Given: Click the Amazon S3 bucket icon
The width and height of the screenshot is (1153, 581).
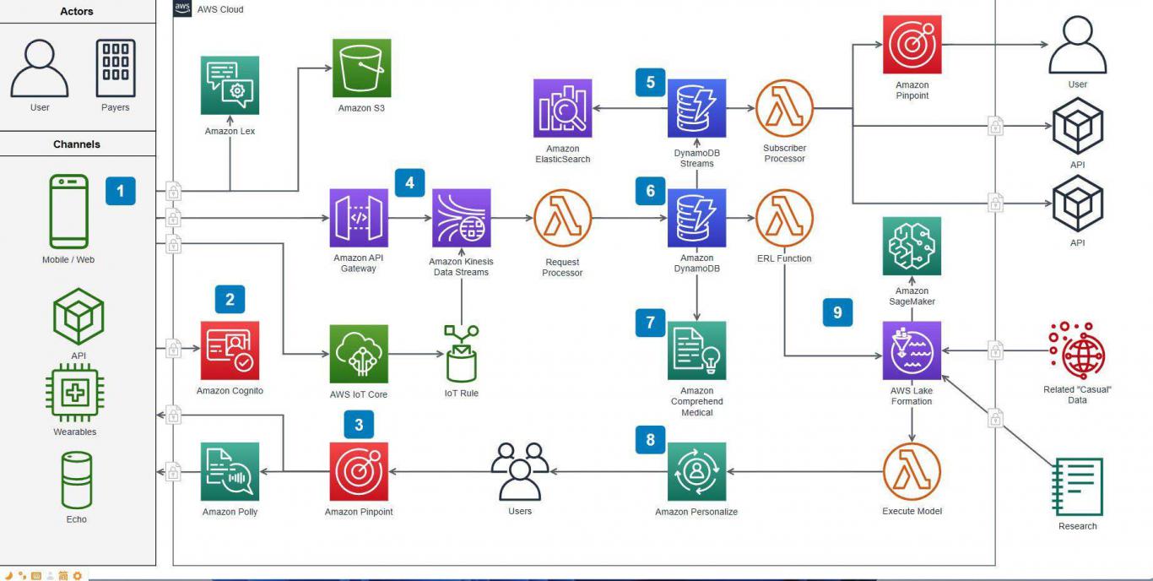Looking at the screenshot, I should point(361,68).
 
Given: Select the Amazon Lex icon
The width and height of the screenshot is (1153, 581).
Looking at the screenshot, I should point(230,85).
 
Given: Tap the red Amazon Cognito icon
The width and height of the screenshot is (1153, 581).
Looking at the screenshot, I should point(230,350).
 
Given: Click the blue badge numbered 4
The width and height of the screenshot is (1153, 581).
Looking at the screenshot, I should point(409,182).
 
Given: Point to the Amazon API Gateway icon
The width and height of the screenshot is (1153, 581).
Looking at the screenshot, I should point(359,218).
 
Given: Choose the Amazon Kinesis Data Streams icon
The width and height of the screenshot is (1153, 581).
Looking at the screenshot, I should point(461,218).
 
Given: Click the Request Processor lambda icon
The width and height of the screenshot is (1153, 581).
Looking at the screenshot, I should point(562,218).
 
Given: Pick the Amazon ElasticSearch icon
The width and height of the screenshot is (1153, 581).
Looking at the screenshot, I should point(562,108).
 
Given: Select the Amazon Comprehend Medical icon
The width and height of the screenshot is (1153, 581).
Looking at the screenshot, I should point(696,350).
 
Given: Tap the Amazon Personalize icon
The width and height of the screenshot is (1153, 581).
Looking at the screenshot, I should point(696,471).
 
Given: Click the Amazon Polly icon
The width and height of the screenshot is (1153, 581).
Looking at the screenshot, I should point(230,471).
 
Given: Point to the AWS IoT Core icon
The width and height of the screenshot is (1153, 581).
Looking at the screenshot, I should point(359,354).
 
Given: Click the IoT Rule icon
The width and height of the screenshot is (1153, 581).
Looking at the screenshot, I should point(461,353).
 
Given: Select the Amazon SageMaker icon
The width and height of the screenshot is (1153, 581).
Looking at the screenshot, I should point(912,246).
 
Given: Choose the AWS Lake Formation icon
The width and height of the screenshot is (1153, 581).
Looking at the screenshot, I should point(912,350).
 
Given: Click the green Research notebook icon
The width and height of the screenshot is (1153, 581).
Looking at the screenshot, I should point(1078,486).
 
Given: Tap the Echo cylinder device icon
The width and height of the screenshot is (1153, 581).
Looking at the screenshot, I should point(77,479).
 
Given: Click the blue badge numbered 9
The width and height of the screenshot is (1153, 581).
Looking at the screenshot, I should point(837,312).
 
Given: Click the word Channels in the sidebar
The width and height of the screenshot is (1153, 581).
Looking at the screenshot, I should point(77,144).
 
